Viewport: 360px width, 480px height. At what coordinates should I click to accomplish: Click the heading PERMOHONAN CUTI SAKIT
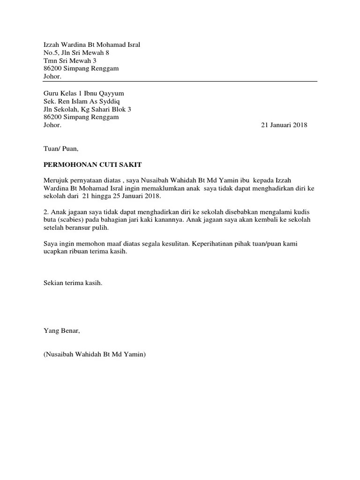[x=92, y=165]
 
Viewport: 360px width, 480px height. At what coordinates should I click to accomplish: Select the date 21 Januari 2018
[x=284, y=125]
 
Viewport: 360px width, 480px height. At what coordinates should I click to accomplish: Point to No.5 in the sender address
[x=52, y=52]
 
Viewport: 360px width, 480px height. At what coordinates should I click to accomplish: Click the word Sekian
[x=53, y=283]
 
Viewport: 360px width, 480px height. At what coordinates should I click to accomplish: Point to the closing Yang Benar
[x=62, y=330]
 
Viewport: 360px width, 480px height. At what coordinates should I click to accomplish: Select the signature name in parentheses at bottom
[x=95, y=354]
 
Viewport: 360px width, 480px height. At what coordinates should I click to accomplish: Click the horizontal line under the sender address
[x=180, y=81]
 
